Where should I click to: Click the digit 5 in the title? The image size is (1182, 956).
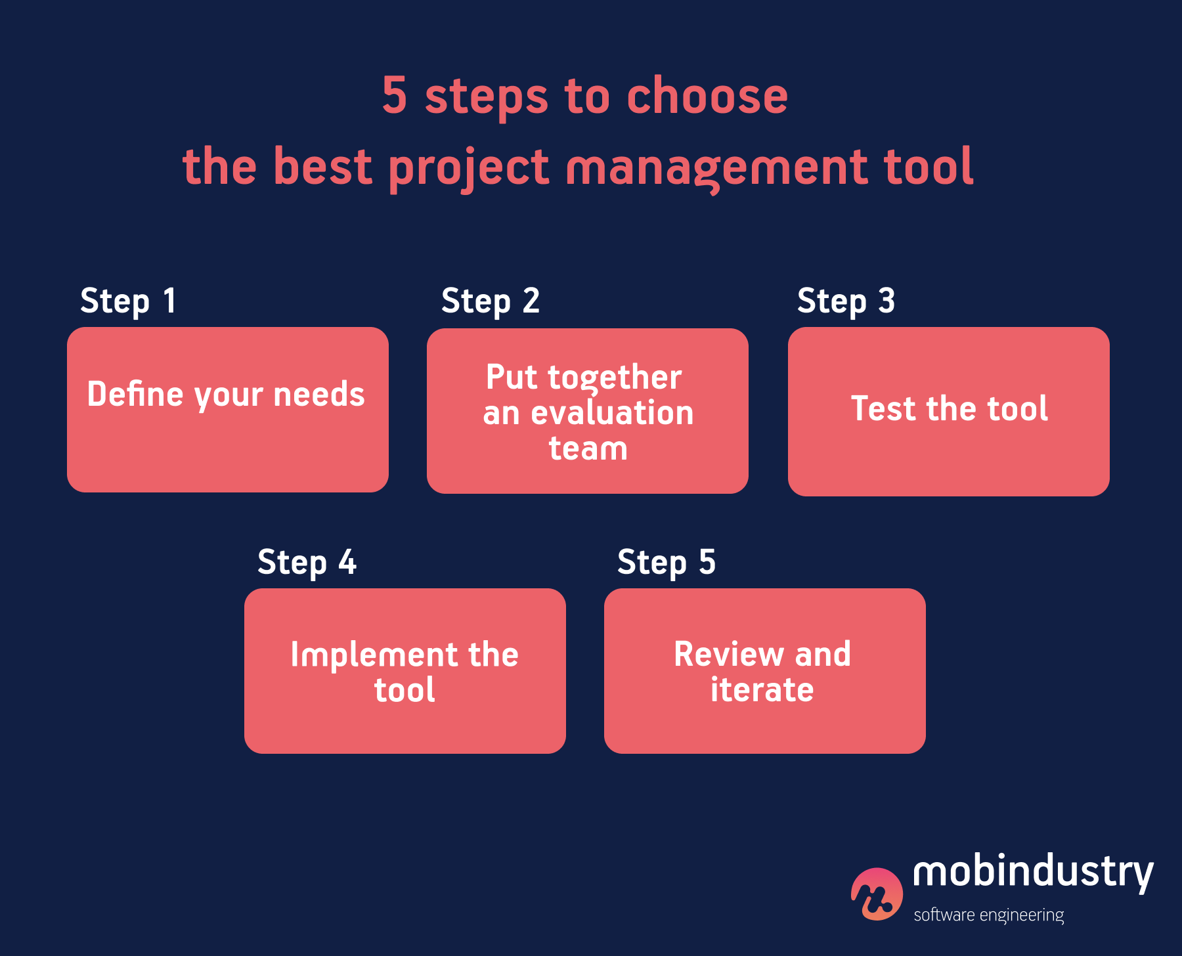[395, 96]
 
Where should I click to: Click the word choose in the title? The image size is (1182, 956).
[707, 96]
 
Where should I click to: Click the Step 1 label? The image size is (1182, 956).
[128, 301]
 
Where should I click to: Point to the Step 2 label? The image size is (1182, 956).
[490, 301]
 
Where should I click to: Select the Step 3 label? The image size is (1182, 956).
[846, 301]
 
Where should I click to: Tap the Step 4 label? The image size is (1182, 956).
[307, 563]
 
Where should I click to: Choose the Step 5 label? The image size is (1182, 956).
[666, 563]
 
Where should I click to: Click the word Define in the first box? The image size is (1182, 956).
[135, 395]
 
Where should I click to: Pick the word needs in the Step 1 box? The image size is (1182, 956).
[318, 395]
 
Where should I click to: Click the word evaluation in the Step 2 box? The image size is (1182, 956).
[612, 413]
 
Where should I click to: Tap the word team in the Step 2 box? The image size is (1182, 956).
[588, 448]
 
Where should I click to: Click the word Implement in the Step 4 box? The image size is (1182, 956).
[374, 655]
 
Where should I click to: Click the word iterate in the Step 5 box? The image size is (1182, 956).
[762, 690]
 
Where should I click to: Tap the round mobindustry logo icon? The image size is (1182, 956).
[877, 894]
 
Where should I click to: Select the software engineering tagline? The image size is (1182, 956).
[988, 915]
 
